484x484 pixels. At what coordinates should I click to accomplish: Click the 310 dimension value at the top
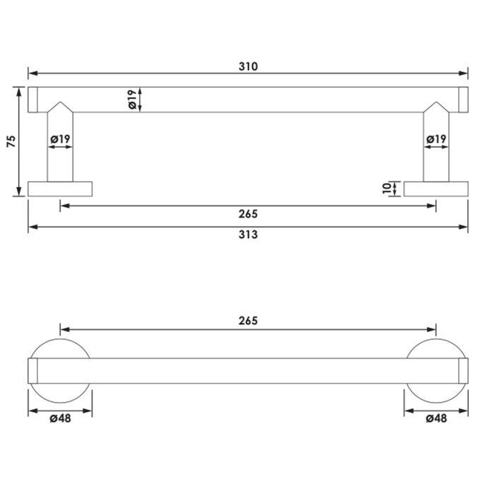(248, 66)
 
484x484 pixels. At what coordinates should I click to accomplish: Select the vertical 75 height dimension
(11, 141)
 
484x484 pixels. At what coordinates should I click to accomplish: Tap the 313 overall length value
(248, 235)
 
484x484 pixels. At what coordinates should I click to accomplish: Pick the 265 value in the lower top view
(248, 320)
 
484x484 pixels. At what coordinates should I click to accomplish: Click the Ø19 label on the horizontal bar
(132, 100)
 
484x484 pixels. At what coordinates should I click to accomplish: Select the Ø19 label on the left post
(60, 140)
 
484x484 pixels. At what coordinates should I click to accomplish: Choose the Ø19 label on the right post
(436, 140)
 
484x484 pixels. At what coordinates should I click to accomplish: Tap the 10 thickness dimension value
(386, 189)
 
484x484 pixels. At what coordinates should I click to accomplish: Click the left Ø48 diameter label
(60, 419)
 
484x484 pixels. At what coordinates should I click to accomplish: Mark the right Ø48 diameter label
(436, 419)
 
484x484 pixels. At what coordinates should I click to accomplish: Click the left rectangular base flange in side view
(60, 189)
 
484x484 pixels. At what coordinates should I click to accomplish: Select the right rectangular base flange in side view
(436, 189)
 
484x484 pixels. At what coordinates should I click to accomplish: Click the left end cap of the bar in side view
(33, 100)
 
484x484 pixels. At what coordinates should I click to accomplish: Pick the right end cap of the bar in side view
(464, 100)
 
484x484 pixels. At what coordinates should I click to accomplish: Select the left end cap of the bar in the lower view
(33, 371)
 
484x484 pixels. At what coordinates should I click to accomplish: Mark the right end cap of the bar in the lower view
(464, 371)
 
